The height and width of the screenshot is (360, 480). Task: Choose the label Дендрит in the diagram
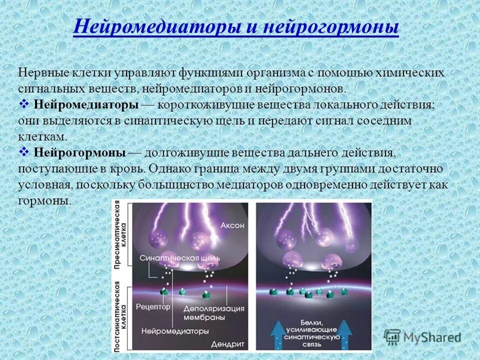(x=227, y=344)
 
